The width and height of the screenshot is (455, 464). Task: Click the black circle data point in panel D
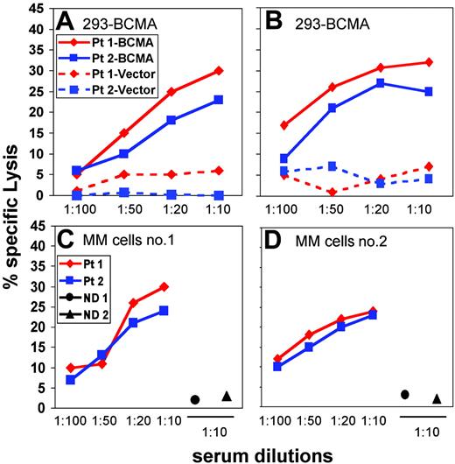[x=404, y=395]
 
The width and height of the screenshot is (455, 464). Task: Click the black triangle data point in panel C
[x=227, y=396]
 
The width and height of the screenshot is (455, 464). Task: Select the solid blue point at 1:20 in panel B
[x=366, y=83]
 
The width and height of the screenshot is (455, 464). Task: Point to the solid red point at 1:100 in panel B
[x=283, y=124]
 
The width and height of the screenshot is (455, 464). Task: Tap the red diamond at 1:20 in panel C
[x=134, y=303]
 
